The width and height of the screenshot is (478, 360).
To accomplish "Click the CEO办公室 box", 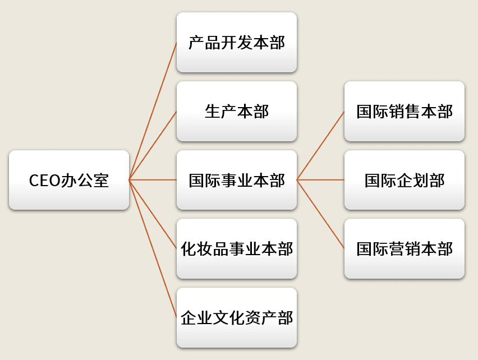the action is point(69,179).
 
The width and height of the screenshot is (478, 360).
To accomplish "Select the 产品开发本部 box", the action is point(237,42).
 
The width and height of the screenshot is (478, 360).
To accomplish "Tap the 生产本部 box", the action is point(237,111).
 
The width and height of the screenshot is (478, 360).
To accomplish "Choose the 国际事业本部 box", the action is point(237,179).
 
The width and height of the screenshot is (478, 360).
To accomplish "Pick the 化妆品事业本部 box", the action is point(237,248).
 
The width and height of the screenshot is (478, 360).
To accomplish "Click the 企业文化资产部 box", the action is point(237,317).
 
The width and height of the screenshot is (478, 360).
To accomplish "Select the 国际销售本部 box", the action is point(405,111).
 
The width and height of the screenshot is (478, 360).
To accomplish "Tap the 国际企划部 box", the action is point(405,179).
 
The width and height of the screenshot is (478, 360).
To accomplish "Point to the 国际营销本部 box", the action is point(405,248).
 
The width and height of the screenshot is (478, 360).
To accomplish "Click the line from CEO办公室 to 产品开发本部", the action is point(153,111).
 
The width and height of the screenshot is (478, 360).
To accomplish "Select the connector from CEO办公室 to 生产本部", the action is point(153,146).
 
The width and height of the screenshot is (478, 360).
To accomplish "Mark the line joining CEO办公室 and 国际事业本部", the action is point(153,179).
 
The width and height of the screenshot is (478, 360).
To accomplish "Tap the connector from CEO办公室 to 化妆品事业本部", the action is point(153,214).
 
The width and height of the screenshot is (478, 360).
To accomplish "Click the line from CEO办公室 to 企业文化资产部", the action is point(153,248).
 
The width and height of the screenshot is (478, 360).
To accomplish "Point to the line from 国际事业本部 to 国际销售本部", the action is point(320,146).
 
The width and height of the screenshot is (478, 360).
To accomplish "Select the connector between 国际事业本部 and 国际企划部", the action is point(320,179).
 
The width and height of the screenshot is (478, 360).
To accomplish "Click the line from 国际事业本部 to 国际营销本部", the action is point(320,214).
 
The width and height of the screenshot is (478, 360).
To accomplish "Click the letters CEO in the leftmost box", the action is point(44,181).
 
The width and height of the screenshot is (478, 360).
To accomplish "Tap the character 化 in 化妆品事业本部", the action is point(189,249).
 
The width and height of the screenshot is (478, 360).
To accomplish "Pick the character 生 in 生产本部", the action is point(213,111).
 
